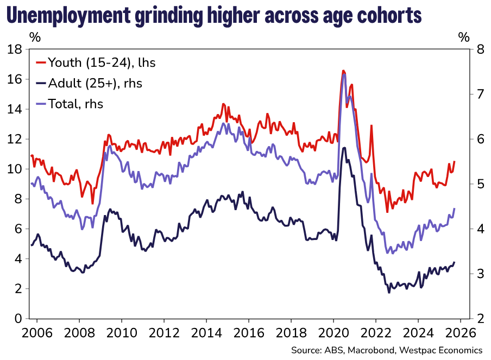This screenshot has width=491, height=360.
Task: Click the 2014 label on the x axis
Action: click(206, 332)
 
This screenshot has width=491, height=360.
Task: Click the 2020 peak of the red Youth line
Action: click(343, 71)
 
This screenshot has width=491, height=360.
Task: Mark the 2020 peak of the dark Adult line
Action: click(343, 147)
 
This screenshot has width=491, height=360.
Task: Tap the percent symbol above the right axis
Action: click(463, 37)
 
